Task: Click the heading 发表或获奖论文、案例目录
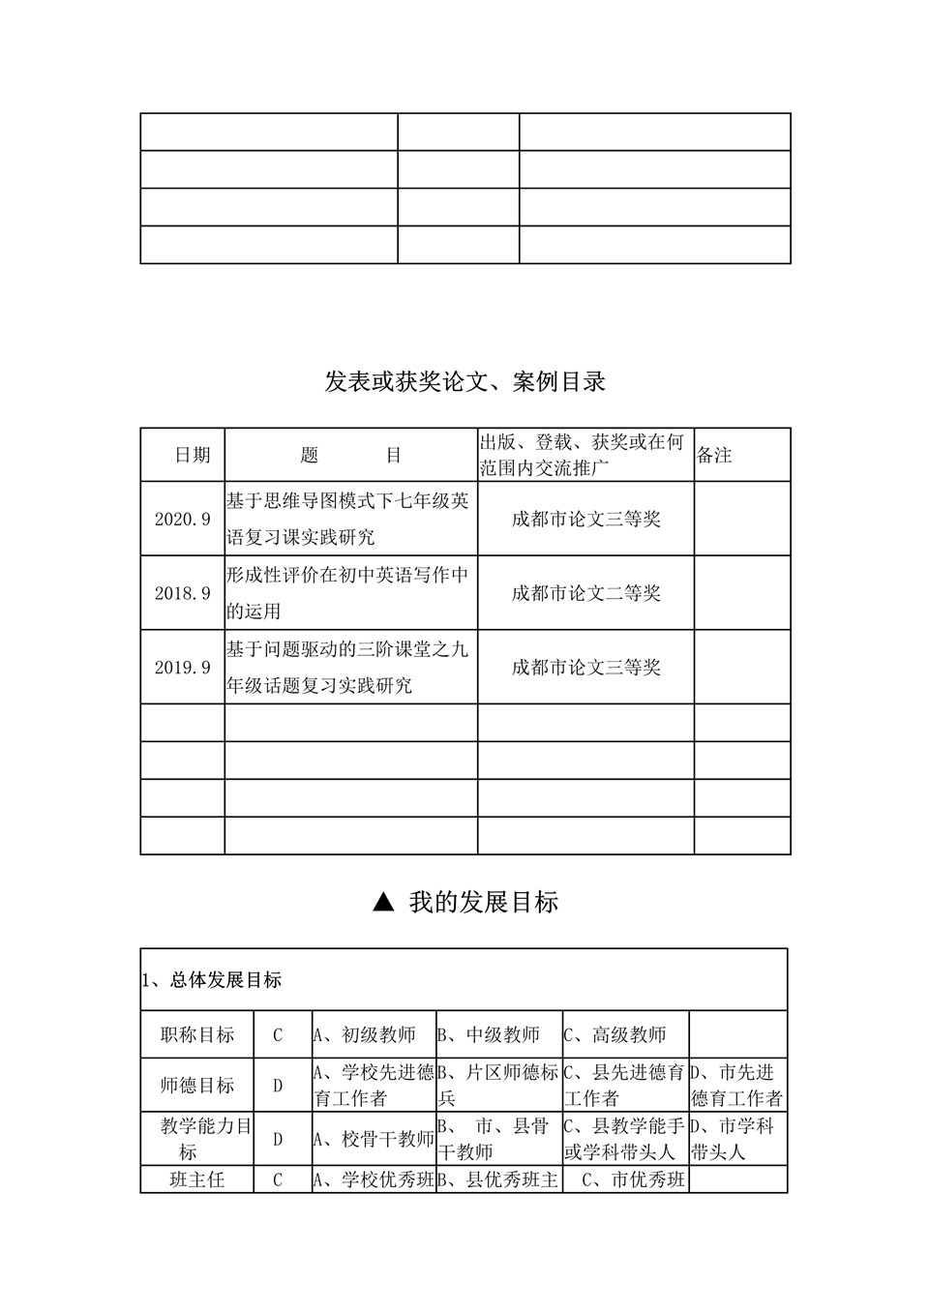tap(464, 382)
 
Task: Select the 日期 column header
tap(192, 455)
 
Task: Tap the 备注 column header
tap(715, 455)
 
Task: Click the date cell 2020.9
tap(182, 519)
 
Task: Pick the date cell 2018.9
tap(182, 593)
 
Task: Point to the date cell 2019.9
tap(182, 668)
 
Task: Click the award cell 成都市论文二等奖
tap(585, 593)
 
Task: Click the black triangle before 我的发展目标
tap(383, 903)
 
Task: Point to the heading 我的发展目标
tap(483, 903)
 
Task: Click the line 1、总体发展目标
tap(212, 980)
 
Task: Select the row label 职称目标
tap(197, 1035)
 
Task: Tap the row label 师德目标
tap(197, 1086)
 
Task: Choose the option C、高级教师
tap(615, 1035)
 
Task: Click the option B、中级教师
tap(490, 1035)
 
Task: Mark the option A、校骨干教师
tap(374, 1139)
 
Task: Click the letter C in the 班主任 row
tap(278, 1180)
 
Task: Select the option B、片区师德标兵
tap(498, 1086)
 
